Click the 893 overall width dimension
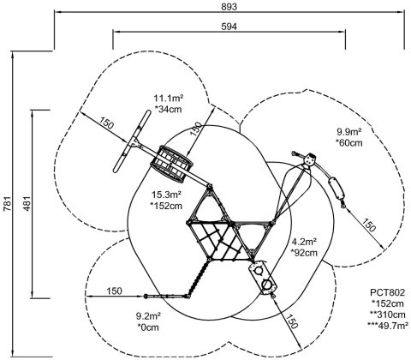(x=229, y=7)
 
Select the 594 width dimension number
(x=229, y=27)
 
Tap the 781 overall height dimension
(x=7, y=203)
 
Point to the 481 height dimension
(x=27, y=203)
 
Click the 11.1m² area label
(x=169, y=99)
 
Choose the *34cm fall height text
(x=168, y=109)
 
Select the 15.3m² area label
(x=166, y=195)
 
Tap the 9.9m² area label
(x=349, y=132)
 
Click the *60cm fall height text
(x=349, y=142)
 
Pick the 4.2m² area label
(x=304, y=242)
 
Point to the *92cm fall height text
(x=304, y=253)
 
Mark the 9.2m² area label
(x=148, y=316)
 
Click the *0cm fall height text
(x=148, y=327)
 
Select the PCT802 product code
(x=387, y=292)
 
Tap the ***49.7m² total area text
(x=387, y=325)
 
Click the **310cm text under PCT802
(x=387, y=315)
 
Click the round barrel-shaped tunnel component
(x=171, y=164)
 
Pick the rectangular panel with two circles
(x=263, y=278)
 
